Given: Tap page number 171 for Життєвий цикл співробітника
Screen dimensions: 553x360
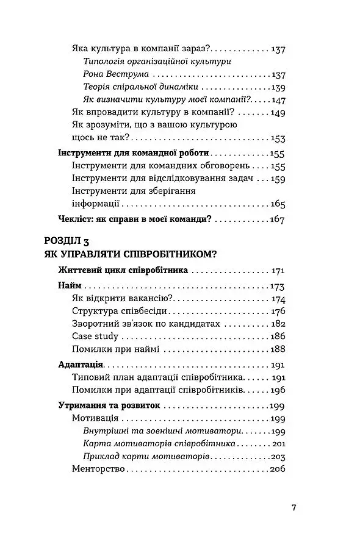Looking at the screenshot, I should [x=278, y=270].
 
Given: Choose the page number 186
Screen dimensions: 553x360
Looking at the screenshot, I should [x=278, y=336].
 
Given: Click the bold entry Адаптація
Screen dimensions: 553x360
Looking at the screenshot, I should [x=80, y=365].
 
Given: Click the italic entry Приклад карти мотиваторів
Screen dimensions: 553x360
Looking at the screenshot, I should [x=146, y=456].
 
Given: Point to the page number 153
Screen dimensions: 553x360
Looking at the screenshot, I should [x=278, y=138].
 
